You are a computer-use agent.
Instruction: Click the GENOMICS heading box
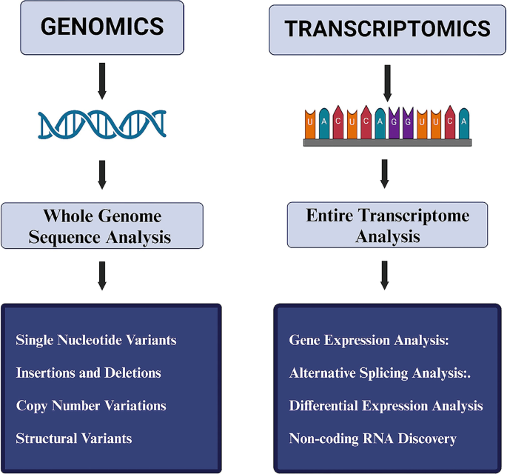tap(102, 27)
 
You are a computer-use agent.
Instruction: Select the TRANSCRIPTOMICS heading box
tap(387, 28)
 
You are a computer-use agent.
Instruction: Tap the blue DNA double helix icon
tap(102, 124)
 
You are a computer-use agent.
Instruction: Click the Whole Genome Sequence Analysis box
tap(102, 227)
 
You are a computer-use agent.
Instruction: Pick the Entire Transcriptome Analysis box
tap(387, 225)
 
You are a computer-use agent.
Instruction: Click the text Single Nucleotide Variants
tap(96, 340)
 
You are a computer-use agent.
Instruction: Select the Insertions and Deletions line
tap(88, 373)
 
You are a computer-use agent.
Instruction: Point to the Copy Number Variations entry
tap(91, 405)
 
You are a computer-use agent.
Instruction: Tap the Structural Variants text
tap(74, 438)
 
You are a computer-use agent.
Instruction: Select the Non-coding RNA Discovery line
tap(372, 438)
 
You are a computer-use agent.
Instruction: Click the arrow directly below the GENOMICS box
tap(102, 81)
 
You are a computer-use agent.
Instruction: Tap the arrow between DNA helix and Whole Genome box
tap(102, 175)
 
